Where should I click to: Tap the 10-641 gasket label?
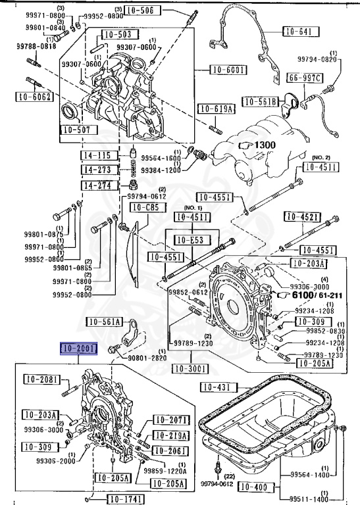point(301,31)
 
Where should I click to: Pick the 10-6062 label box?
point(33,97)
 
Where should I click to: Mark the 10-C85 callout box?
point(145,208)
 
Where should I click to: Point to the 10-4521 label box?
point(302,217)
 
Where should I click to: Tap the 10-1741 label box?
point(125,497)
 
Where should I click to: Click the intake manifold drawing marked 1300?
point(263,151)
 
